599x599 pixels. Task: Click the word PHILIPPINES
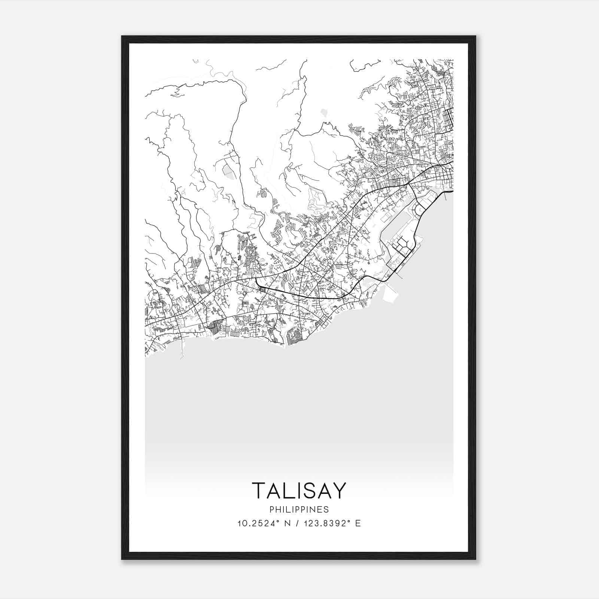pos(299,510)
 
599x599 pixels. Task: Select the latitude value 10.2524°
pos(259,523)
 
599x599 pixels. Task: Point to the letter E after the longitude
pos(358,523)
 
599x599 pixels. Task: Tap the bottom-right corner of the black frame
pos(475,559)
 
